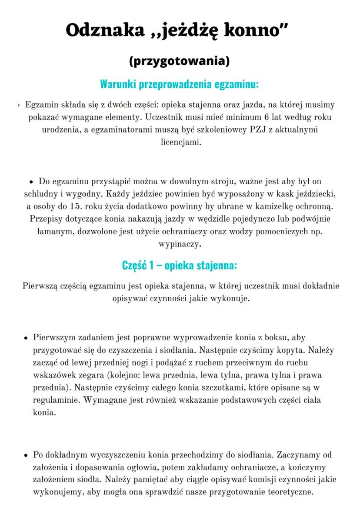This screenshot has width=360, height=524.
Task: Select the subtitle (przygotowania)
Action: point(180,61)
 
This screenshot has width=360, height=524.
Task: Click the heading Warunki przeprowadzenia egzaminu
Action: point(180,83)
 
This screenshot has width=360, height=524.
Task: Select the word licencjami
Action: point(180,142)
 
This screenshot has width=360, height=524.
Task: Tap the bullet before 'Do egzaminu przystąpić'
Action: point(31,182)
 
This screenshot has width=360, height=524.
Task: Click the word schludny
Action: point(43,193)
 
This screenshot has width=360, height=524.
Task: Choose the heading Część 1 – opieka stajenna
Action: point(180,265)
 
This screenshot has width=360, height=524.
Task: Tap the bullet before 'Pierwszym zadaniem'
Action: point(26,338)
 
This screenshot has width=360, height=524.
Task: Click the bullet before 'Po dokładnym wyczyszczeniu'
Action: point(26,456)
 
